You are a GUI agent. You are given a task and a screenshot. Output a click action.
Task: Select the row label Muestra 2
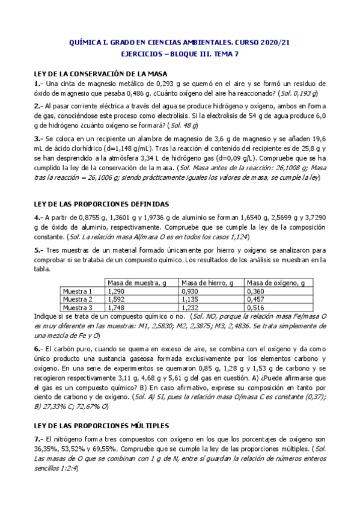tap(78, 299)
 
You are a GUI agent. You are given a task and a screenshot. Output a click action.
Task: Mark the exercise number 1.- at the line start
tap(39, 84)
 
